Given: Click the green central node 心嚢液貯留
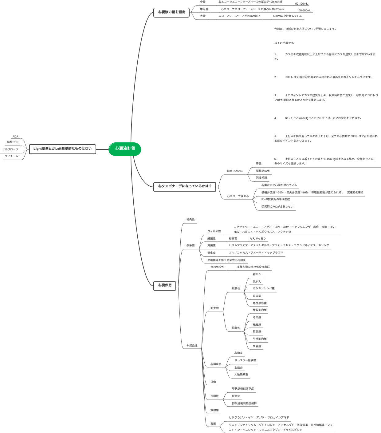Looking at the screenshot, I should pos(125,149).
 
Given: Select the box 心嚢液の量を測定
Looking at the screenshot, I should pos(171,12).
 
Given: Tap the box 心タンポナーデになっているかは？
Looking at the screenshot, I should pos(185,186).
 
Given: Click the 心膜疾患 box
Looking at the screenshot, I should pos(165,285).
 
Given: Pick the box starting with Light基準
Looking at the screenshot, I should pos(62,149).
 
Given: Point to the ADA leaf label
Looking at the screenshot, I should pos(15,137).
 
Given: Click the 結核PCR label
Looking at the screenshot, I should pos(13,142).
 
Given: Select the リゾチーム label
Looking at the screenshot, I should pos(11,156).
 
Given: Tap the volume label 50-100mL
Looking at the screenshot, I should pos(301,4).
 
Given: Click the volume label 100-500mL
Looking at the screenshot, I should pos(304,10).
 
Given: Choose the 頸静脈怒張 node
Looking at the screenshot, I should pos(263,171).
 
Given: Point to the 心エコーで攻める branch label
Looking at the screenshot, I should pos(238,196).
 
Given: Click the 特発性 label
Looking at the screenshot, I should pos(190,220).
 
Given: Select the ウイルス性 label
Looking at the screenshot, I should pos(214,231).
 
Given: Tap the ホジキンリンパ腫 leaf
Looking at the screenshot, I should pos(264,288).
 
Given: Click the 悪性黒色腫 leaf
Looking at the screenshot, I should pos(260,303).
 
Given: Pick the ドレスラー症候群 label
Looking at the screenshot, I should pos(245,360).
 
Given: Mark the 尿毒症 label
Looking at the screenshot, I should pos(236,396).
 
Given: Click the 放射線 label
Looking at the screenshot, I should pos(214,410).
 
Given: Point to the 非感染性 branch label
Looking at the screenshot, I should pos(192,346).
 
